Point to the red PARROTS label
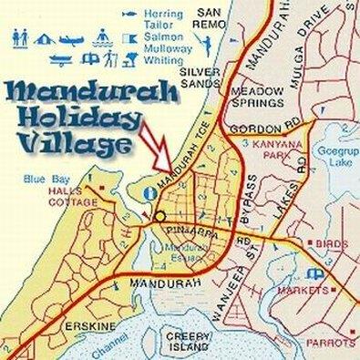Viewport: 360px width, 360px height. click(x=334, y=343)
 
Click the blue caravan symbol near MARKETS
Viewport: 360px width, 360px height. click(x=314, y=273)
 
